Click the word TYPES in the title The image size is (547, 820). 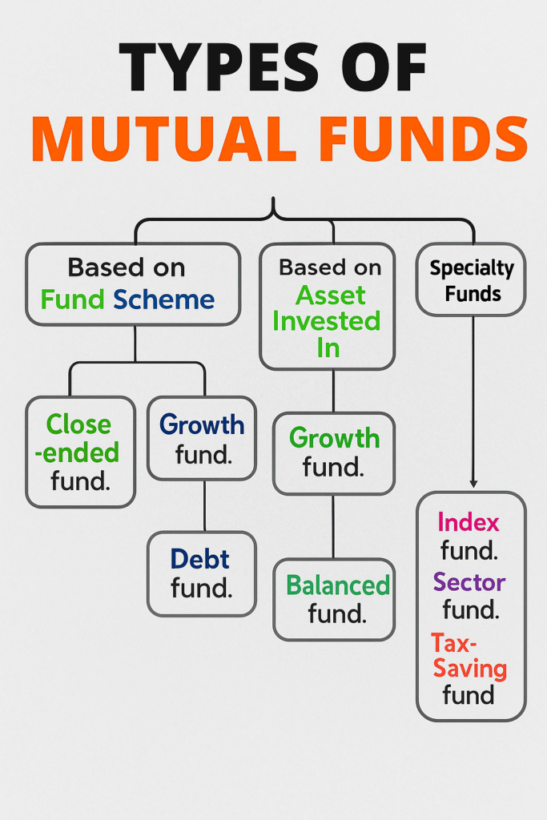coord(218,66)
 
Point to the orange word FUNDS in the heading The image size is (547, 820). coord(424,138)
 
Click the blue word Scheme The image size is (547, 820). coord(163,299)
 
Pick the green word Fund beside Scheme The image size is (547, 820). coord(73,299)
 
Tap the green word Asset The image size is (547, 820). coord(331,296)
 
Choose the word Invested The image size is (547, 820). coord(326,321)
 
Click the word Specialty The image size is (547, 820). coord(472,269)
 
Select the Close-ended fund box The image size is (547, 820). coord(81,452)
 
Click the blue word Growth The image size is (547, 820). coord(202,424)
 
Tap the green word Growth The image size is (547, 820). coord(335,438)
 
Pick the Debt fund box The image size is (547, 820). coord(202,573)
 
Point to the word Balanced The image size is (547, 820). coord(338,585)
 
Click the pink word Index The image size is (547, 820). coord(469,522)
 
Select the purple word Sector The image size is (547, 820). coord(469,582)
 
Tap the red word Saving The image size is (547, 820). coord(470,669)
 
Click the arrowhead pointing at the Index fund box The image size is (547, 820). coord(473,484)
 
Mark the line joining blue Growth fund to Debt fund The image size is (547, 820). coord(204,506)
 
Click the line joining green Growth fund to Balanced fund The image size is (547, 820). coord(333,527)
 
